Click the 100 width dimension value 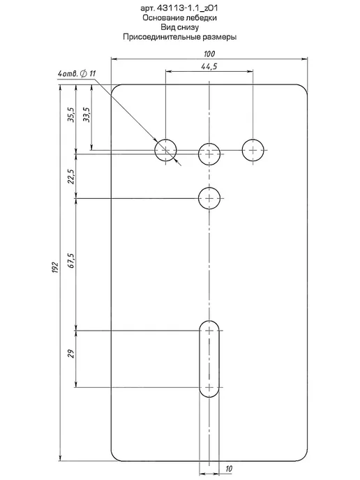click(209, 54)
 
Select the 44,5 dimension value click(209, 66)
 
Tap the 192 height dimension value click(55, 267)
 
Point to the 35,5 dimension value click(71, 115)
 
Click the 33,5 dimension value click(87, 115)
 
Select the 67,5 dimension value click(71, 261)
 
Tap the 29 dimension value click(71, 354)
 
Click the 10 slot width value click(229, 469)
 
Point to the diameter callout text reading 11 click(93, 73)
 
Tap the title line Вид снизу click(180, 27)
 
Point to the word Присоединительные click(162, 37)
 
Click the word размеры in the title click(220, 38)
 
